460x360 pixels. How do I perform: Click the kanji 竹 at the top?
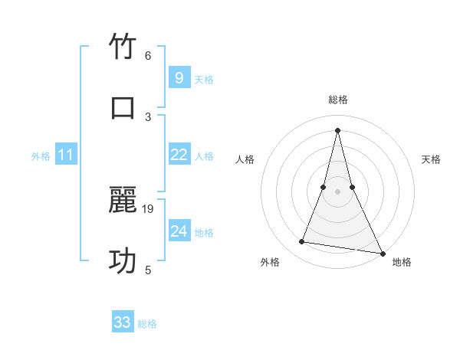tap(123, 47)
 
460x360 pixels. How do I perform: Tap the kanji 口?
tap(123, 107)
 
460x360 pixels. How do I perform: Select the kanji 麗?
tap(123, 201)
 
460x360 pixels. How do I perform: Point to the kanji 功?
tap(123, 261)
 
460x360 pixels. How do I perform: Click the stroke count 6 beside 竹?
tap(148, 56)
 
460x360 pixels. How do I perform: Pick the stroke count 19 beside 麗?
tap(149, 208)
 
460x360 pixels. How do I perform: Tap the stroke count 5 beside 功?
tap(148, 270)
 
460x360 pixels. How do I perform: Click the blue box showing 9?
tap(179, 78)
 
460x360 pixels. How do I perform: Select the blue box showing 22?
tap(179, 155)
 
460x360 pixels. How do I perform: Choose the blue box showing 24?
tap(179, 231)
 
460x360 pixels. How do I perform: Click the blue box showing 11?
tap(66, 155)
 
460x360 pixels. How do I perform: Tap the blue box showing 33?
tap(123, 322)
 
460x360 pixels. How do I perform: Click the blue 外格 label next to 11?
tap(41, 156)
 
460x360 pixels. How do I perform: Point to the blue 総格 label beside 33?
tap(147, 324)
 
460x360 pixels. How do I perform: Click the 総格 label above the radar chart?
tap(338, 100)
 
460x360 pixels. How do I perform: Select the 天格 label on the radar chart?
tap(432, 159)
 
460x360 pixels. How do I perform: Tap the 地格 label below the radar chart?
tap(402, 262)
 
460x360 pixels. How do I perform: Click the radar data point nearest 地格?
tap(382, 253)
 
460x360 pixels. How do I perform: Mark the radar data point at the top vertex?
tap(338, 129)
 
